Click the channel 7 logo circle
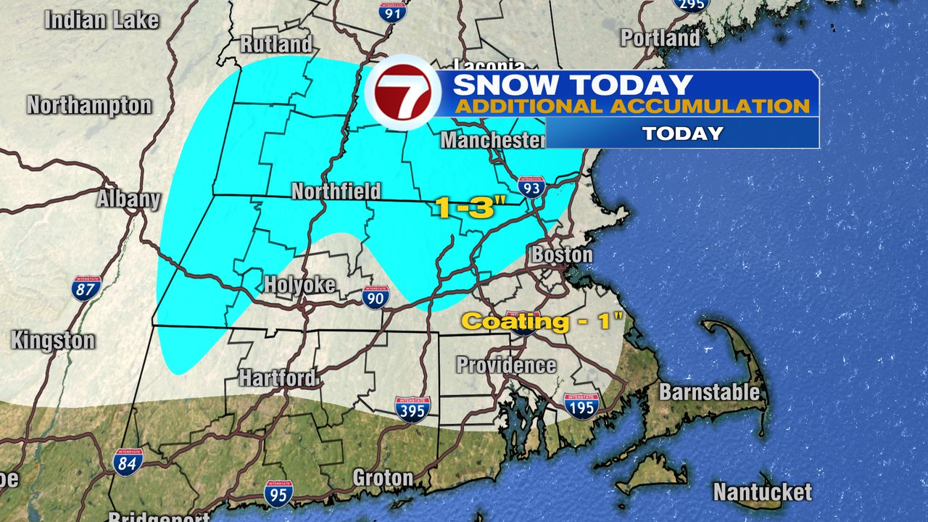(402, 96)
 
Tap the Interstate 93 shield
(531, 187)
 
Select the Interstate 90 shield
(376, 297)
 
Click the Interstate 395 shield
(413, 408)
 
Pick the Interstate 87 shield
(86, 288)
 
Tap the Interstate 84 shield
(128, 461)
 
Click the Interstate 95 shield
(278, 493)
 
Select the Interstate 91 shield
(391, 9)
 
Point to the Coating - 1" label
(542, 321)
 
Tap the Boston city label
(562, 255)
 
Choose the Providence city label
(506, 365)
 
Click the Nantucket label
(762, 492)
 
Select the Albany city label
(129, 199)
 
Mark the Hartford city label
(278, 378)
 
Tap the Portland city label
(660, 38)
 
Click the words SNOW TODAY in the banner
(573, 85)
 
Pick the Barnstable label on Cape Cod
(709, 392)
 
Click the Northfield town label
(336, 191)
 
